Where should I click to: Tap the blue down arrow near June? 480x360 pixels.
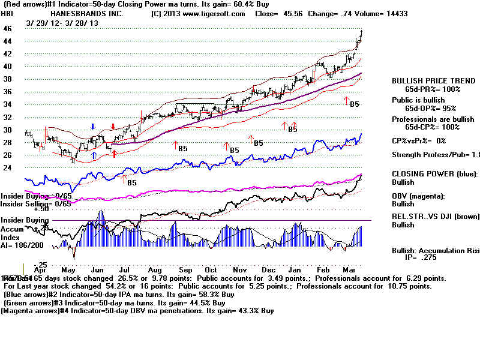92,127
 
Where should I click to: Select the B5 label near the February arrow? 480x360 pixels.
354,104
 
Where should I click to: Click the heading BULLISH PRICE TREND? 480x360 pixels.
425,81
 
